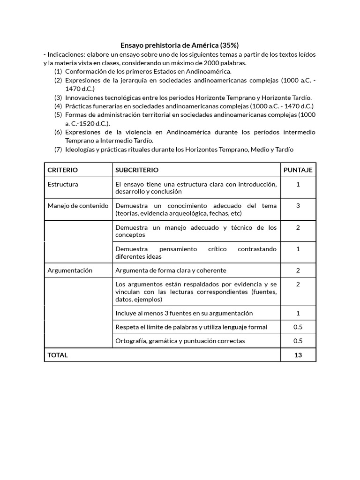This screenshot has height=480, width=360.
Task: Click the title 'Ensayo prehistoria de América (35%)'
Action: click(x=180, y=45)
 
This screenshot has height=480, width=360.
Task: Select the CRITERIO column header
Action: click(x=63, y=170)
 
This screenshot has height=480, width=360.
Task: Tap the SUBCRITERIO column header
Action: click(x=137, y=170)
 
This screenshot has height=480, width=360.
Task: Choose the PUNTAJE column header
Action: click(x=298, y=170)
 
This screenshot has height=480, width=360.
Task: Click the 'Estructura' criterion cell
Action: click(x=63, y=184)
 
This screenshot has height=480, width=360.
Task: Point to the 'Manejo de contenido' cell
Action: click(x=78, y=206)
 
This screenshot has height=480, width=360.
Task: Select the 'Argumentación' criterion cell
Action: click(x=70, y=270)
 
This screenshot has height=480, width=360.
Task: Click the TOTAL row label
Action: click(x=58, y=355)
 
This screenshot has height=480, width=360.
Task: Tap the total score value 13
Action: click(x=298, y=355)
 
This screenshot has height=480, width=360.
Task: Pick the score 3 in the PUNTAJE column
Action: click(x=298, y=206)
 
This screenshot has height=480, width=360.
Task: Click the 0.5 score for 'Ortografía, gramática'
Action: click(x=298, y=341)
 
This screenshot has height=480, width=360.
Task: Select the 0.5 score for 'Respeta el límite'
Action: click(x=298, y=327)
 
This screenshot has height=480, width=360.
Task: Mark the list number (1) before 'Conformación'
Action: click(x=58, y=72)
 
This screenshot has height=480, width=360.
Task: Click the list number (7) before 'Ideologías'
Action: click(x=58, y=150)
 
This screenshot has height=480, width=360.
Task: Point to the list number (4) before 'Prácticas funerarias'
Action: click(x=58, y=106)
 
